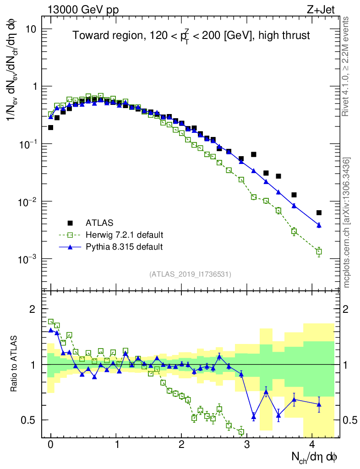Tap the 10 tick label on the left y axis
point(30,29)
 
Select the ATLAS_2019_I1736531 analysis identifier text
point(190,274)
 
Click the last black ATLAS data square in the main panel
point(319,213)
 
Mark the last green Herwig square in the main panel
point(319,251)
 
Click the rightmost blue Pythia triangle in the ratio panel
point(319,404)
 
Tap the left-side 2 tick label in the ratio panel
point(33,309)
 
